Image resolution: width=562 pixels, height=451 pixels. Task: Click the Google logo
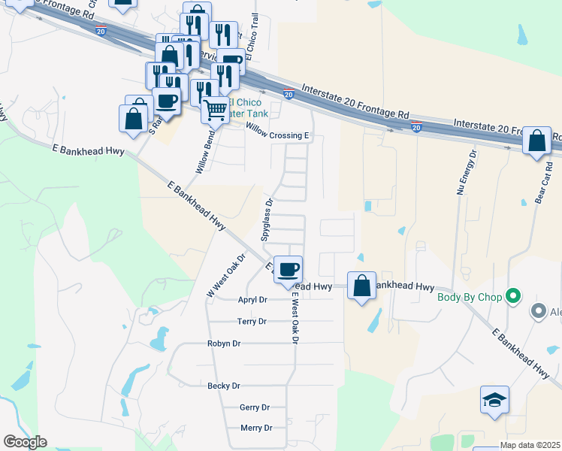25,442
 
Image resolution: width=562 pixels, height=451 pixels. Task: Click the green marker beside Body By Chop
514,296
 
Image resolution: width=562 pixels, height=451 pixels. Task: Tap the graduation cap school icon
495,401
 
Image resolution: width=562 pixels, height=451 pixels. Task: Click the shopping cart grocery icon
216,110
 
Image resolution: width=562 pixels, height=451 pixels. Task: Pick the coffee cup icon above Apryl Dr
287,270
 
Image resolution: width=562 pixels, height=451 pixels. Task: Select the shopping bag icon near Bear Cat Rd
537,141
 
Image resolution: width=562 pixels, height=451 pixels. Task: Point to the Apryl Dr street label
252,299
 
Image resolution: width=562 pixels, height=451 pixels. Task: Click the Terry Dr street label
252,321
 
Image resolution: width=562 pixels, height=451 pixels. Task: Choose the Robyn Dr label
224,344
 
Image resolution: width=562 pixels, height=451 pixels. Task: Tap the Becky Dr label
224,386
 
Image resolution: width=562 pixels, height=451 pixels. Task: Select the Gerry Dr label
254,407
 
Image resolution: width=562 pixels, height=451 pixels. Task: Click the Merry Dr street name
256,428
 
